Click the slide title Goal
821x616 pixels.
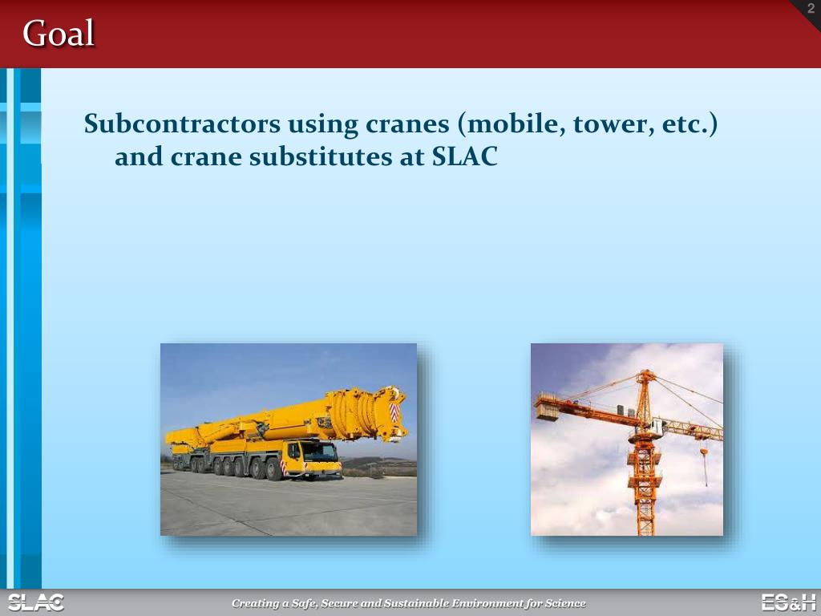click(x=59, y=34)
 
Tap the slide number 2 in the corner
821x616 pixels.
click(x=811, y=9)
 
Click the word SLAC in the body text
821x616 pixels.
click(x=465, y=157)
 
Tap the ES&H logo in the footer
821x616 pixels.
click(x=788, y=602)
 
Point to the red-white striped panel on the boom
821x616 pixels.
click(x=394, y=412)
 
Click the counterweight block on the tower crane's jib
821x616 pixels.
click(x=548, y=411)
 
